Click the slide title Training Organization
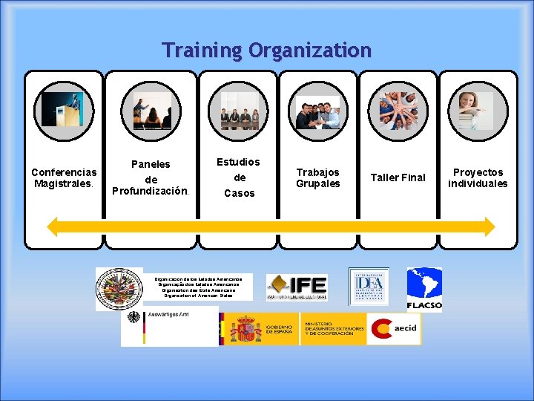pyautogui.click(x=267, y=50)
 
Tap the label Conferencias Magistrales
pyautogui.click(x=64, y=177)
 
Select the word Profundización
pyautogui.click(x=151, y=191)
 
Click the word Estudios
pyautogui.click(x=238, y=162)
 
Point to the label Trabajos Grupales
pyautogui.click(x=318, y=177)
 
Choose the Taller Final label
pyautogui.click(x=398, y=177)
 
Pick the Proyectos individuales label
pyautogui.click(x=478, y=177)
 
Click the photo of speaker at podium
pyautogui.click(x=62, y=109)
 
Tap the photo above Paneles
pyautogui.click(x=151, y=111)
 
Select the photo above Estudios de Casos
pyautogui.click(x=240, y=111)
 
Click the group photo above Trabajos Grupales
pyautogui.click(x=318, y=112)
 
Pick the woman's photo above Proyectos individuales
pyautogui.click(x=476, y=111)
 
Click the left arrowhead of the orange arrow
pyautogui.click(x=53, y=226)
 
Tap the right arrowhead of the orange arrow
pyautogui.click(x=487, y=226)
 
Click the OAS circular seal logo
pyautogui.click(x=119, y=289)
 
